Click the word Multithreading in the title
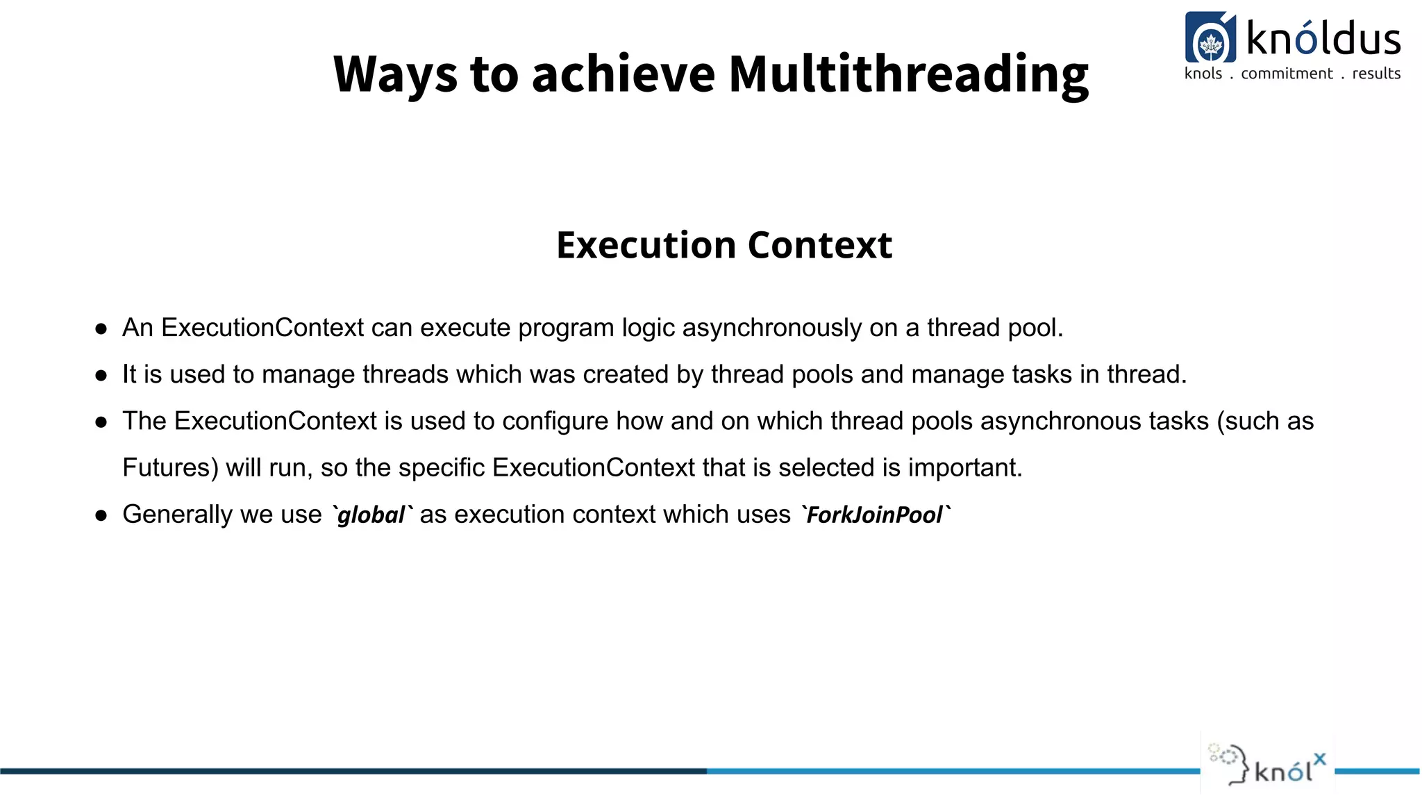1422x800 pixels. pos(908,74)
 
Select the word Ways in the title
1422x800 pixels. pos(395,75)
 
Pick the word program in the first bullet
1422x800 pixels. pos(566,328)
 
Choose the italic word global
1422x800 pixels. pos(371,515)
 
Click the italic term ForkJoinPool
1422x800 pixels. pos(874,515)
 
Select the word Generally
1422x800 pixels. pos(178,515)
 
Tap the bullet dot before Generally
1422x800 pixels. pos(101,515)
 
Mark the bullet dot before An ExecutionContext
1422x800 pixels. pos(101,328)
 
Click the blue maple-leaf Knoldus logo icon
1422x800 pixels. pos(1210,37)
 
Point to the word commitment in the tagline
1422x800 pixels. pos(1287,74)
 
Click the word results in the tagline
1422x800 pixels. pos(1376,74)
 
